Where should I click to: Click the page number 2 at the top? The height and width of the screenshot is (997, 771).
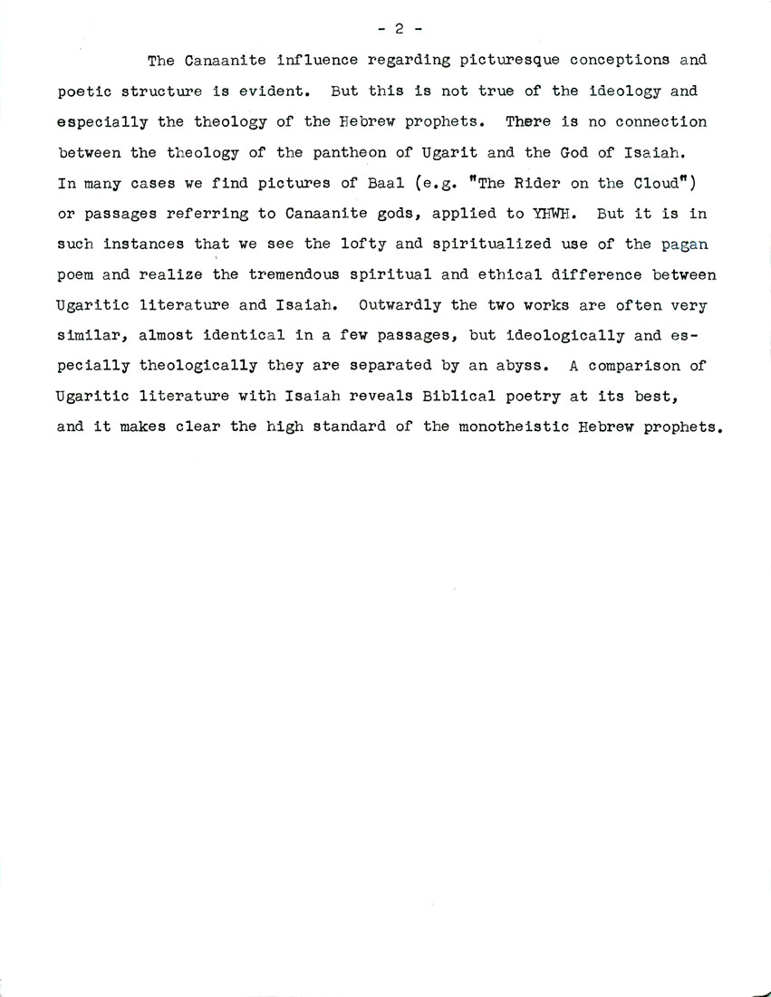click(396, 28)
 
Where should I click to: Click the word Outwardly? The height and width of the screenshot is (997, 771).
click(400, 305)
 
